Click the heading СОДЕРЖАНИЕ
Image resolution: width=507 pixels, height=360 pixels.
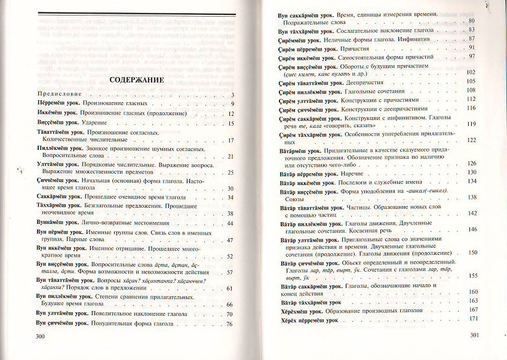133,80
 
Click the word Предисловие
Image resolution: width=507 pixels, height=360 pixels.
59,94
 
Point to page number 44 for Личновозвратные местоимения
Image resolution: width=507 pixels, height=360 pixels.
230,223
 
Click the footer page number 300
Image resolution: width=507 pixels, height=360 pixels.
41,337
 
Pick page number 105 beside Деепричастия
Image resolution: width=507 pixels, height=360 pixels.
471,81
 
